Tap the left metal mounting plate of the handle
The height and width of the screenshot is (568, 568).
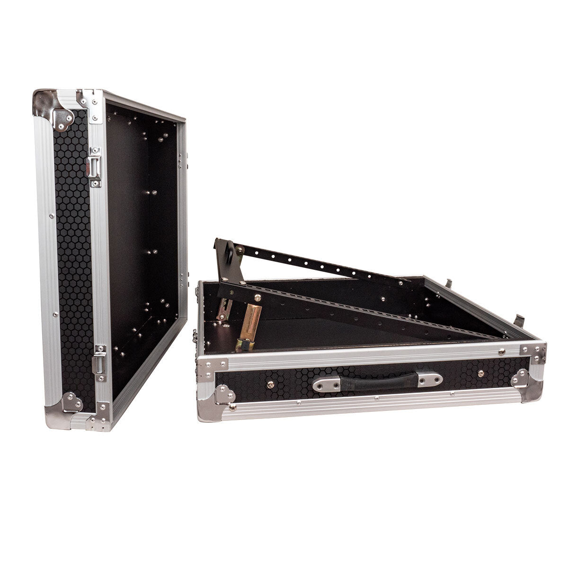327,383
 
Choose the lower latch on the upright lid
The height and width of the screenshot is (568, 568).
99,363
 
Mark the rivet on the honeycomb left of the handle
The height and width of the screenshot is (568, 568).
270,384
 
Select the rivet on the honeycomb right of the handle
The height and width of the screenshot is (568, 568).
480,374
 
